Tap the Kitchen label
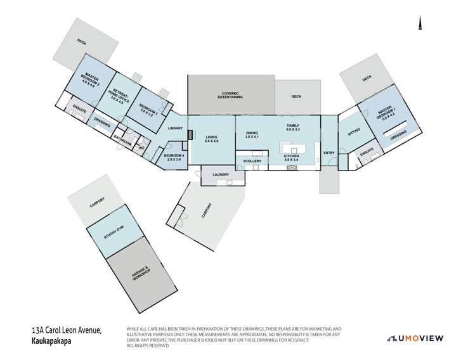pos(291,158)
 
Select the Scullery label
pos(252,161)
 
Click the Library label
pos(175,129)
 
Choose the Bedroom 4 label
pos(174,157)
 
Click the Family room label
pos(292,127)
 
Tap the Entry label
pos(329,153)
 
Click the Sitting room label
pos(354,129)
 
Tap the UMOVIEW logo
pos(415,338)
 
